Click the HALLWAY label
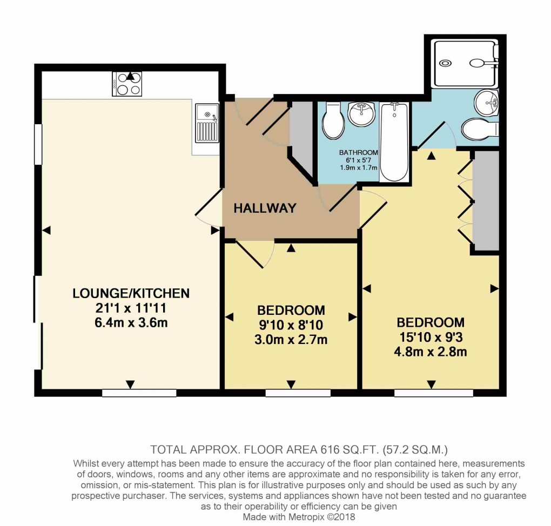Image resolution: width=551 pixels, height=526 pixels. (265, 208)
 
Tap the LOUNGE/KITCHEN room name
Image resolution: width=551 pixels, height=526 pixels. (131, 293)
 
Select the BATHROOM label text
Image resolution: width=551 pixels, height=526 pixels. (358, 153)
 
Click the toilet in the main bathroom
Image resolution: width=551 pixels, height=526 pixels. (332, 122)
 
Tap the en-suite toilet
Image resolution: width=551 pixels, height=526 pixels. (479, 129)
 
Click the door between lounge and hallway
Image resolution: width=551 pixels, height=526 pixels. (208, 208)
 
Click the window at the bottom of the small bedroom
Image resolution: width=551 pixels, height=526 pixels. (298, 393)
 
